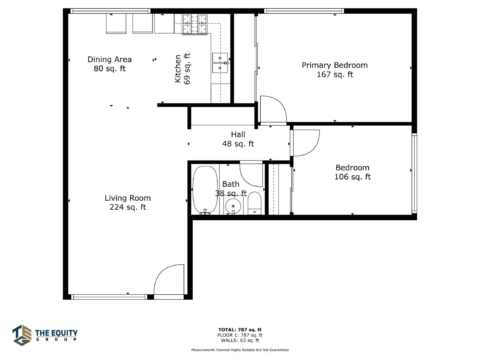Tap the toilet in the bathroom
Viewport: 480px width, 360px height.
(x=254, y=203)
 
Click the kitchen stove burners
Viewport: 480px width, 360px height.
(x=195, y=24)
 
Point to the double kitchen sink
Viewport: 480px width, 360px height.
(x=220, y=63)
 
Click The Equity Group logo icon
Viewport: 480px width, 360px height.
(x=22, y=335)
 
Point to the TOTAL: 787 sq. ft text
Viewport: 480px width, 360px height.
(x=240, y=330)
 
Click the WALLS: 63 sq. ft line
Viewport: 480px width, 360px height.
(x=240, y=340)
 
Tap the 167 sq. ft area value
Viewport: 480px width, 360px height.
(x=335, y=74)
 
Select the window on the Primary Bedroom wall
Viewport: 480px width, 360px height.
(x=304, y=11)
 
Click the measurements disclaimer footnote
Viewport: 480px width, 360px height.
(x=240, y=350)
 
